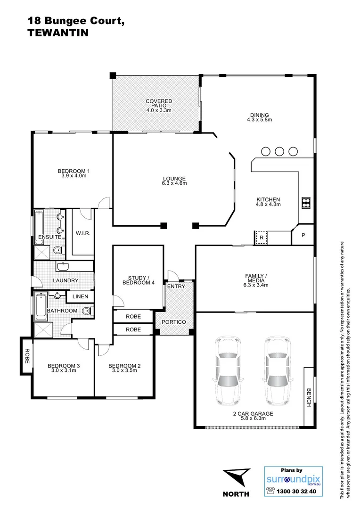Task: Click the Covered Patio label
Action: [x=159, y=104]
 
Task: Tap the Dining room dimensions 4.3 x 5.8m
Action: [x=260, y=120]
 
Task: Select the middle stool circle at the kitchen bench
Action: [x=279, y=151]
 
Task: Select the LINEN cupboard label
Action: [x=80, y=296]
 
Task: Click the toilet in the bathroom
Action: [x=87, y=311]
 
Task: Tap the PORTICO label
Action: [x=174, y=322]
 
